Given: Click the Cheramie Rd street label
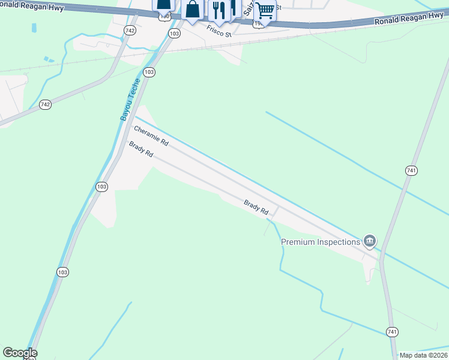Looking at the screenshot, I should [151, 136].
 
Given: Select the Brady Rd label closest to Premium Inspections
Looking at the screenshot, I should [256, 208].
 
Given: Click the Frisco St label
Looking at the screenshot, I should [219, 31].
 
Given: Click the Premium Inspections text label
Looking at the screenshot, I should [321, 242].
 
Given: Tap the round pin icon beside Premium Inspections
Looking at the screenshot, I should [370, 241].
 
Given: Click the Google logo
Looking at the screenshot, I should [20, 353].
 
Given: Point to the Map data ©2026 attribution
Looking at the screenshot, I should [423, 355].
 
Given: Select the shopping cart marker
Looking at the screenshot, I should [265, 11].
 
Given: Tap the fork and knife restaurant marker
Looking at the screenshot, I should [219, 11].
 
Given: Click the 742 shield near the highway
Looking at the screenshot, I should [130, 30].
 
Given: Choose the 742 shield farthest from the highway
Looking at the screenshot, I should [46, 104].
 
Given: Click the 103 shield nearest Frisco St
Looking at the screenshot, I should [174, 34].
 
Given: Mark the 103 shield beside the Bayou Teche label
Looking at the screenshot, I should [149, 72].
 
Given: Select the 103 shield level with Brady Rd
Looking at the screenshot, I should [101, 187].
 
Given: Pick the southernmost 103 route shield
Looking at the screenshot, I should [62, 272].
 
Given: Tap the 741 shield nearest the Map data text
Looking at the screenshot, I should [392, 332].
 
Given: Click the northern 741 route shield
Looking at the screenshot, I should [411, 171].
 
